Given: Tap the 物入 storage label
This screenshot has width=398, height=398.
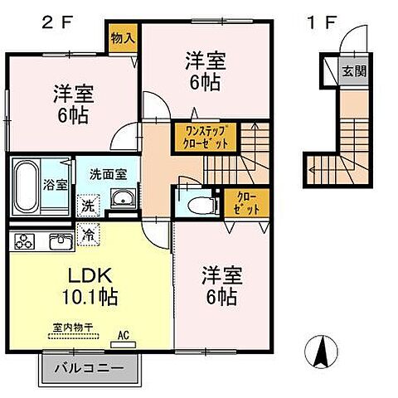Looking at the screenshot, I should point(122,39).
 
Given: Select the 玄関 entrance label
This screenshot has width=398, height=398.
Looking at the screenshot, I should point(353,71).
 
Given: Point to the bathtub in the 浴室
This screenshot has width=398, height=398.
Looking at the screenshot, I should point(25,183).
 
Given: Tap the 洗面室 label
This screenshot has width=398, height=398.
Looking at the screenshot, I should point(108,175).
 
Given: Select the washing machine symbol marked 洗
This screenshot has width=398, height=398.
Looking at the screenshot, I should point(87,201).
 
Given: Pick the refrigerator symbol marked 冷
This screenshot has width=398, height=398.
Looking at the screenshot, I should point(86,236).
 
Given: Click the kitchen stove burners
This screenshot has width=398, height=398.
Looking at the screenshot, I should point(25,242).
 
